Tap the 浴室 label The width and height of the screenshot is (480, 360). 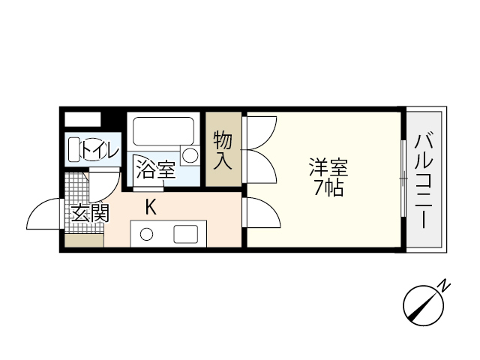(156, 169)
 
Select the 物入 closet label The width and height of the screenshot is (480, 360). (223, 149)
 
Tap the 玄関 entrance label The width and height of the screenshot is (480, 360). (89, 214)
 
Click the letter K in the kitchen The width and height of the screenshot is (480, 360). (151, 207)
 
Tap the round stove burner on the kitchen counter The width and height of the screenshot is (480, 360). (147, 234)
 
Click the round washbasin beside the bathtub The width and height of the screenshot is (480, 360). (190, 156)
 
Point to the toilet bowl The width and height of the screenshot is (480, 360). (76, 149)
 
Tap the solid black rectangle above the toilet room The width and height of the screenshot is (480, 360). (82, 118)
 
